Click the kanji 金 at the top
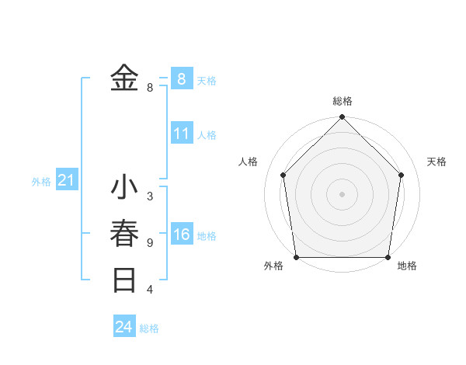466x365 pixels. pos(124,78)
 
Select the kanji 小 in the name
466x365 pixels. pos(124,189)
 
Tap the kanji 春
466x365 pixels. pos(124,234)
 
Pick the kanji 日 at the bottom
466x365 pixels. pos(124,280)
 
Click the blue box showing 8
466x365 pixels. pos(181,78)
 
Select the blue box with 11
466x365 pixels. pos(181,134)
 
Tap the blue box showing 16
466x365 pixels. pos(181,235)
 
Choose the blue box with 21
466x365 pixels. pos(66,181)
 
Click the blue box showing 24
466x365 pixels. pos(124,327)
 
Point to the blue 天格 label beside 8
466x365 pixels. pos(207,81)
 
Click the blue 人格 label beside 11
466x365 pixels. pos(207,135)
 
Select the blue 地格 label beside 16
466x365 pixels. pos(207,236)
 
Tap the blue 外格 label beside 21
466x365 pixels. pos(41,182)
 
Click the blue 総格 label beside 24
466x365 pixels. pos(149,328)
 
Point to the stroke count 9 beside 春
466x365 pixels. pos(149,243)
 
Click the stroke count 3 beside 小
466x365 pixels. pos(149,196)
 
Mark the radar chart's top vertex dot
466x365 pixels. pos(342,118)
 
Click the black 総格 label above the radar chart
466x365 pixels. pos(343,101)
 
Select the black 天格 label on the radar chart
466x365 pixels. pos(436,162)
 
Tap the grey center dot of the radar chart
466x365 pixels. pos(342,194)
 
